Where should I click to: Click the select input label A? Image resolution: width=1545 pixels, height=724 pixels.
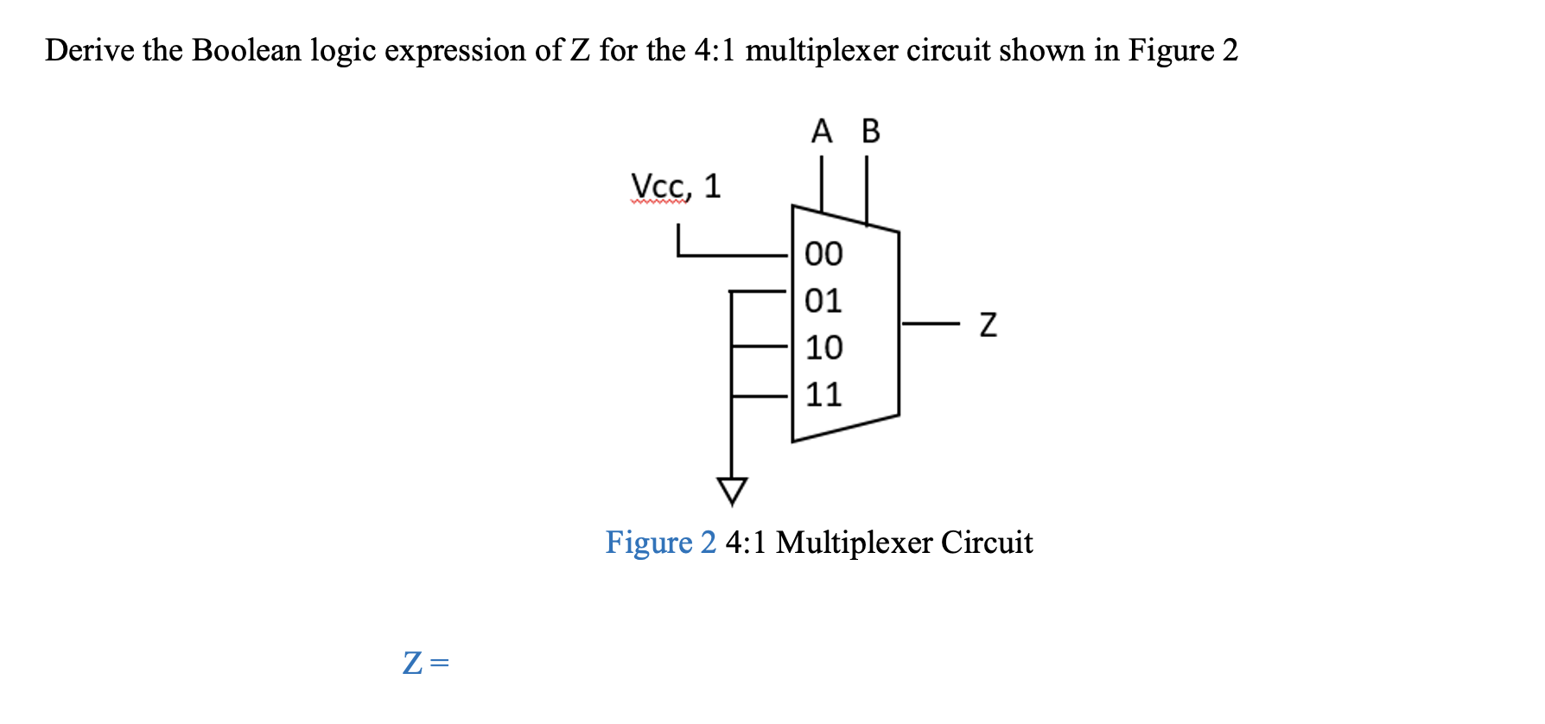pos(822,131)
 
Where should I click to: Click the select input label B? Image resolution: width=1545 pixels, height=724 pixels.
pos(870,131)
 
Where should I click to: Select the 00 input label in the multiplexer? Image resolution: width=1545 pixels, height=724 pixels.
pos(823,254)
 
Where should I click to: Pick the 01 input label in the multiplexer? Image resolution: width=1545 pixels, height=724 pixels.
pos(823,301)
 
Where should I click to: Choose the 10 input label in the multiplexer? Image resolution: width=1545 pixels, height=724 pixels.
pos(823,347)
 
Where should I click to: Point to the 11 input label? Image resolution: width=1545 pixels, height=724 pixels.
pos(823,394)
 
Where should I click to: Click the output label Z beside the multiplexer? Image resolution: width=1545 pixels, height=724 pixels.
pos(989,325)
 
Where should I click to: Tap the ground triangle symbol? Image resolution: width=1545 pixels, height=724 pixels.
pos(732,491)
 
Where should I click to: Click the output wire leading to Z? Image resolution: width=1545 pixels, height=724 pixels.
pos(930,324)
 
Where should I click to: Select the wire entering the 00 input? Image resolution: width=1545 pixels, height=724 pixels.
pos(734,256)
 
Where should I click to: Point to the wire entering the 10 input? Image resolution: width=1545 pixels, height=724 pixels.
pos(760,346)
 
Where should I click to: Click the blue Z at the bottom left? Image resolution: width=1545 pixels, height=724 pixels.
pos(413,663)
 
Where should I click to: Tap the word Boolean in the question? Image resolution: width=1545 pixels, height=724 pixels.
pos(246,50)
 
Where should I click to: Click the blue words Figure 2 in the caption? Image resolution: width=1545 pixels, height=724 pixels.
pos(660,543)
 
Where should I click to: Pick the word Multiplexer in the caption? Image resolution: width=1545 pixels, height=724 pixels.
pos(854,543)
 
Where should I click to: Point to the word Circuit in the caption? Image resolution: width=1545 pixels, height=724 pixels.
pos(987,543)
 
